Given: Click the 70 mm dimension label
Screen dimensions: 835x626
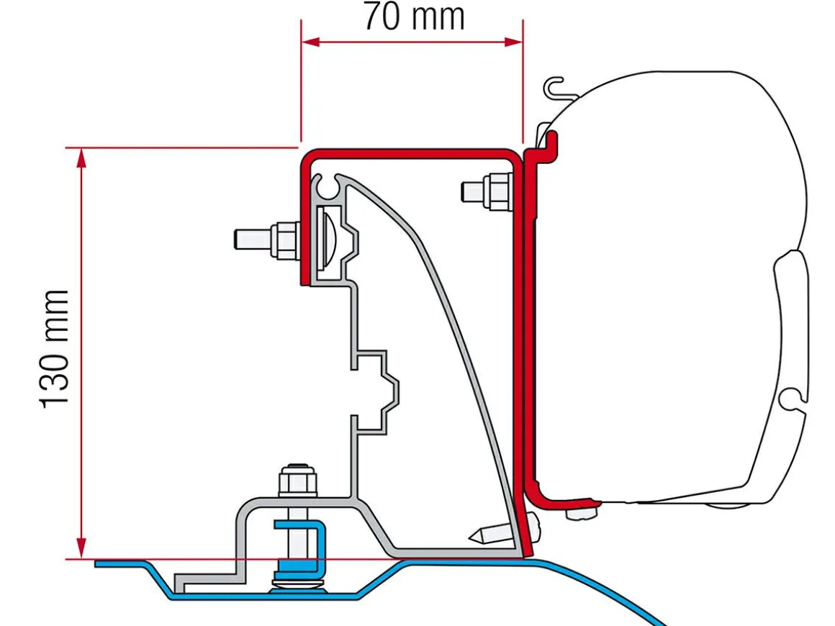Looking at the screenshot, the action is [x=414, y=17].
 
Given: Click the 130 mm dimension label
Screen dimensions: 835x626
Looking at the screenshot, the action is [x=55, y=350].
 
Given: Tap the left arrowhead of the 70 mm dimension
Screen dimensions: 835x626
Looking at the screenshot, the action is [x=310, y=42].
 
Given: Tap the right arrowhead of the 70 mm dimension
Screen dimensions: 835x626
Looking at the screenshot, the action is [x=513, y=42].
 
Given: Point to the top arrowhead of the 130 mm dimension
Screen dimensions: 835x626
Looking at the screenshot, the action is [x=81, y=158].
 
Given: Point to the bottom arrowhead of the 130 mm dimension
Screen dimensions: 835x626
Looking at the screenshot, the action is [x=81, y=548].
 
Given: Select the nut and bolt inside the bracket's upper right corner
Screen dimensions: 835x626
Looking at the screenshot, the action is [x=487, y=191].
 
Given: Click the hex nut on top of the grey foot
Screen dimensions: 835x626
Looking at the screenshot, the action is [x=298, y=480].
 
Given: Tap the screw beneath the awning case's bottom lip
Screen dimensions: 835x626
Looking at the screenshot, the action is [x=581, y=513].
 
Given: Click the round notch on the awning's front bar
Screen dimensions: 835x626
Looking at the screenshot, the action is [x=791, y=399].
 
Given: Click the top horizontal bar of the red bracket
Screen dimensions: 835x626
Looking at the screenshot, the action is [x=410, y=155].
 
